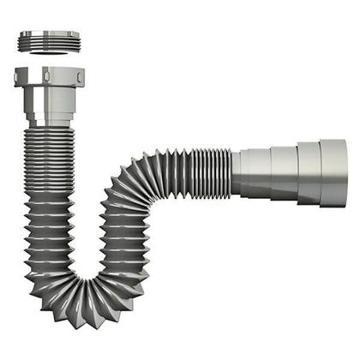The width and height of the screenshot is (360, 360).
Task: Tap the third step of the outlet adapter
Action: tap(309, 172)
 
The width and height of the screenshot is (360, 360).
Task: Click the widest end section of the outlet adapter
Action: tap(333, 172)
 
